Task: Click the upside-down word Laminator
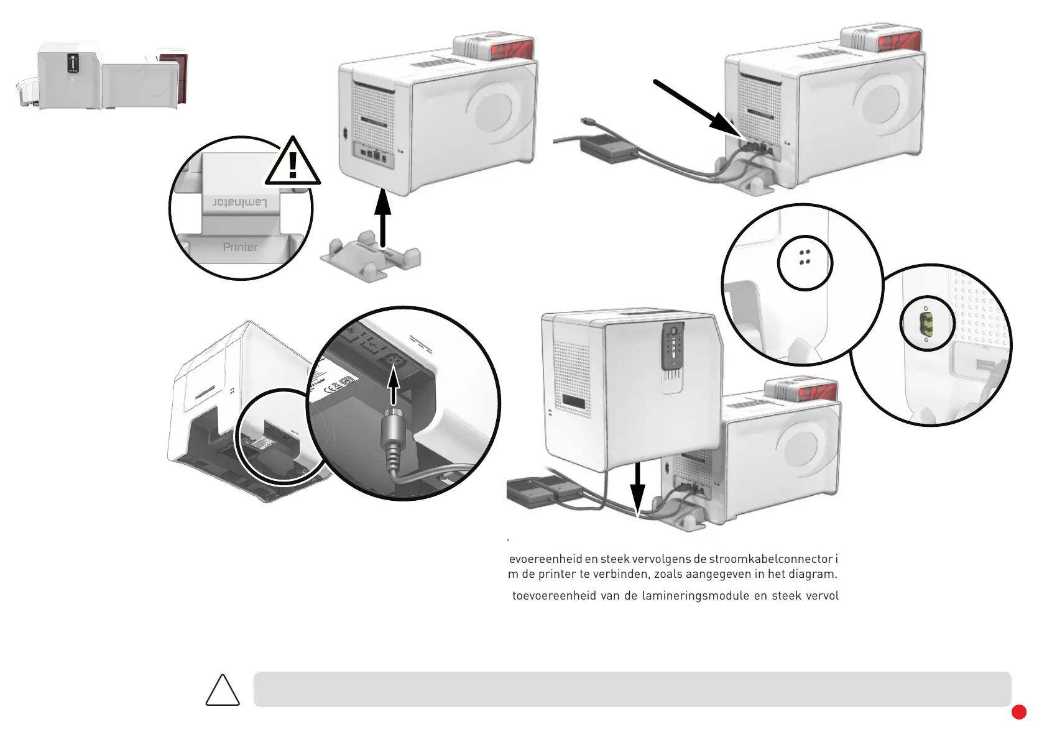240,203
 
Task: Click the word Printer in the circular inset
240,247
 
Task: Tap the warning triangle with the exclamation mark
293,163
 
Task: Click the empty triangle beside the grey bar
223,692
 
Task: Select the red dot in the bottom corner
1018,712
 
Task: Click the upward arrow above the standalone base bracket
382,217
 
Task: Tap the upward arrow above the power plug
393,385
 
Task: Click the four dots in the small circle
805,257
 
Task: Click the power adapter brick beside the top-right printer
608,148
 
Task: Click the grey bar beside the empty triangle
632,689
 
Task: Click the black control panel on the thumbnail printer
73,63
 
